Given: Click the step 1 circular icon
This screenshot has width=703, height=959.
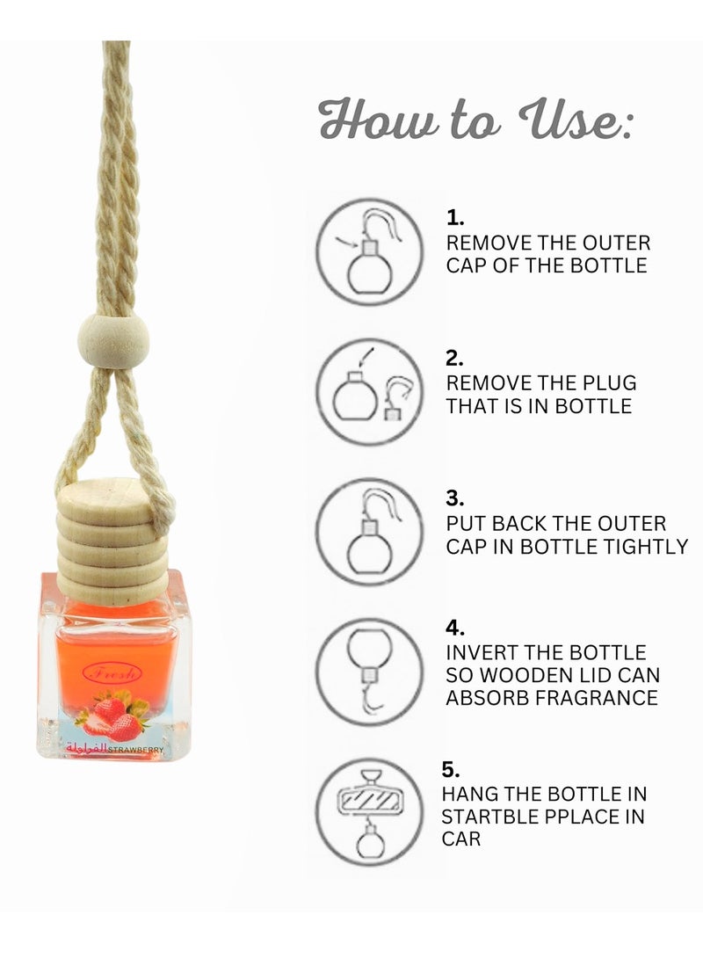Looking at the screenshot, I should (369, 251).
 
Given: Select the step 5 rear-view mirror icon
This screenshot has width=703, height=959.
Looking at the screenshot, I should (369, 812).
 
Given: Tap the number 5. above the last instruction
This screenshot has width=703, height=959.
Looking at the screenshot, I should (450, 770).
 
